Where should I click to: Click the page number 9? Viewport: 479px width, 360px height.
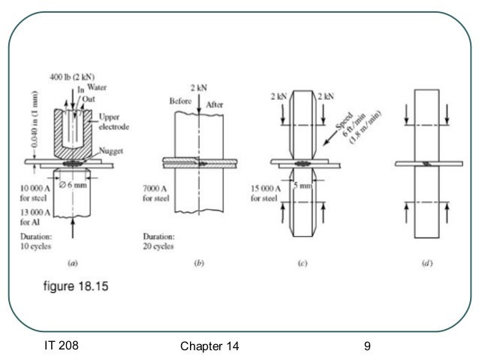pyautogui.click(x=366, y=346)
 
